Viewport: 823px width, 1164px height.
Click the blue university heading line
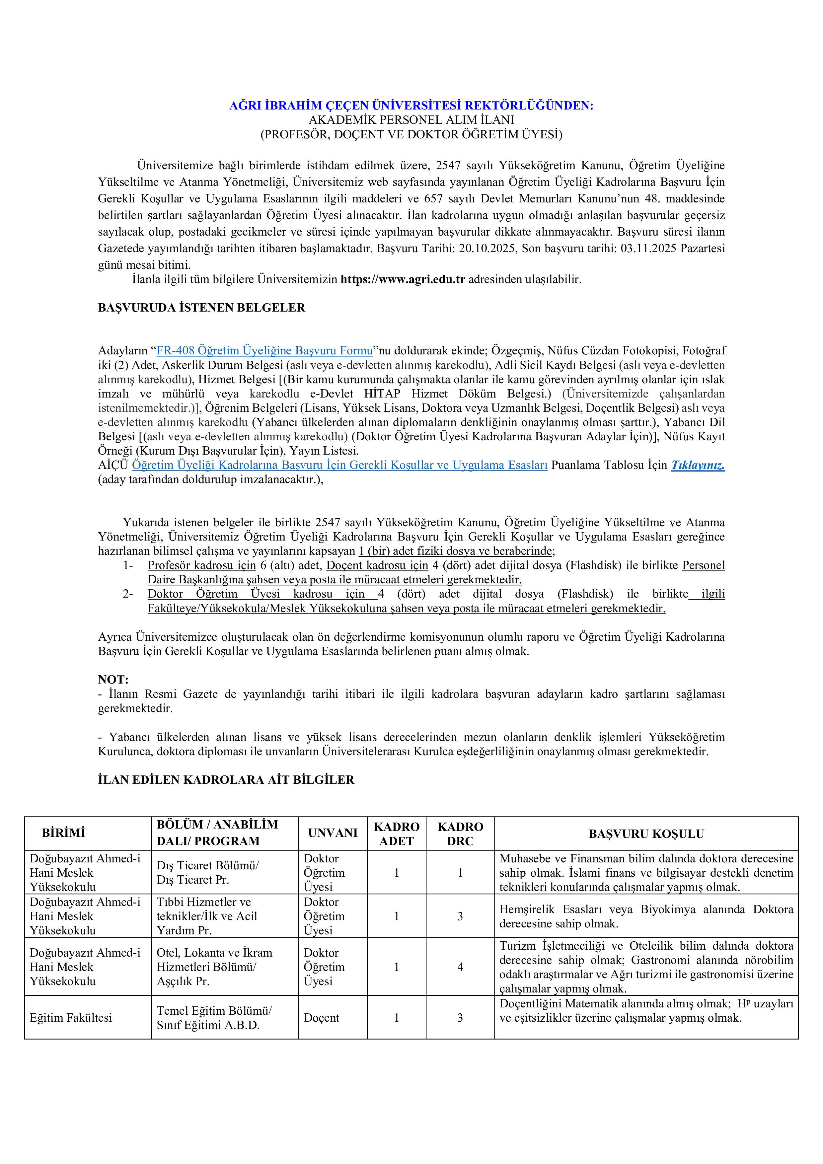tap(411, 106)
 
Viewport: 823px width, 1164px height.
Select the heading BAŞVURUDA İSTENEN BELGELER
tap(201, 308)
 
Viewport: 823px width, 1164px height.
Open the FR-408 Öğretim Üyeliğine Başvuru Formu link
tap(265, 350)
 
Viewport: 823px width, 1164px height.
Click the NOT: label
tap(113, 679)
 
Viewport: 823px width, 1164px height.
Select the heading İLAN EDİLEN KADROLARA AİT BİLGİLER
tap(226, 780)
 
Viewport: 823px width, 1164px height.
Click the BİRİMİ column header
tap(63, 833)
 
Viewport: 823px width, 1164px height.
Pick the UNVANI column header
tap(333, 833)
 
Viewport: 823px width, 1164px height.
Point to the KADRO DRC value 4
tap(460, 967)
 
